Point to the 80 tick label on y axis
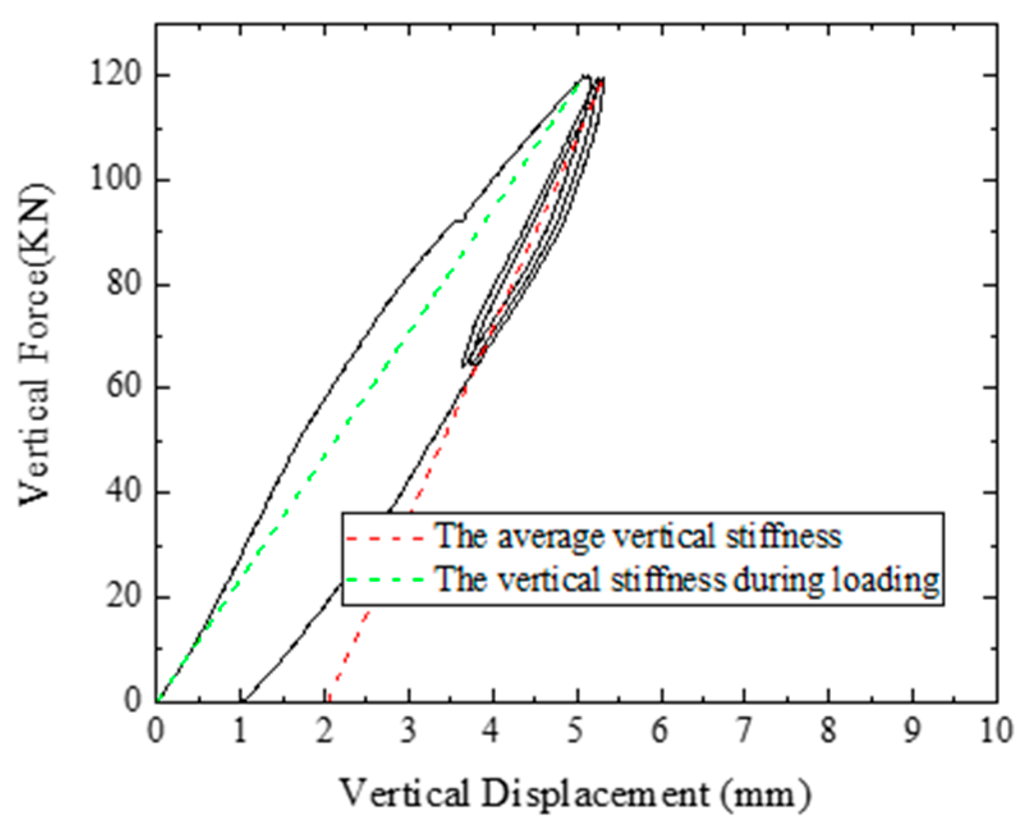point(124,283)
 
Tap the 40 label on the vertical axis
point(124,492)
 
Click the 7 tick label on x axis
point(743,731)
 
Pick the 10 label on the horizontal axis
point(994,731)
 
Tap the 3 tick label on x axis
point(408,731)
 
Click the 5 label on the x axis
point(576,731)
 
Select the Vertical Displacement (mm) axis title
point(575,794)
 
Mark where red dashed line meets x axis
point(329,700)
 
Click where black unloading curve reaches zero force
point(244,700)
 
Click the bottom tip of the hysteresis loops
point(465,365)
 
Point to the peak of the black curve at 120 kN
point(584,76)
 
